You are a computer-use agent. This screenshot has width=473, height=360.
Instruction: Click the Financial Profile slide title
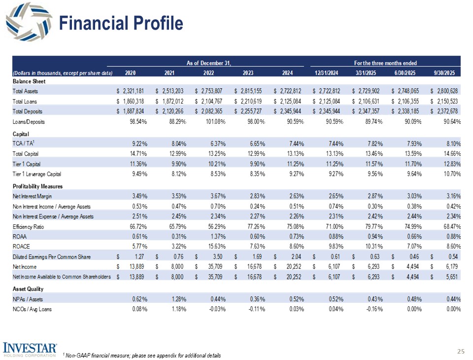[121, 23]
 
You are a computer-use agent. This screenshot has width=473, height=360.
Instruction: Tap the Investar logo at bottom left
[30, 348]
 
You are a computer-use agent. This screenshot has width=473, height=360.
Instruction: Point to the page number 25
[461, 351]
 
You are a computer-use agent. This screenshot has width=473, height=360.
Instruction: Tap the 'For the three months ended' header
[385, 63]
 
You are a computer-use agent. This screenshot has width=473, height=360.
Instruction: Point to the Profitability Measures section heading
[37, 186]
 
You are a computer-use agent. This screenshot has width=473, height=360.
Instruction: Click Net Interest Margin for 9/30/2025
[451, 195]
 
